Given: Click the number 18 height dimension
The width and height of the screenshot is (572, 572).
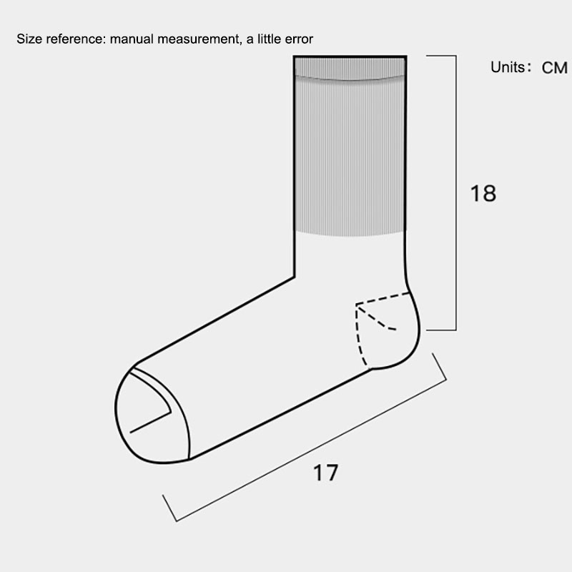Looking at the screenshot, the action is (x=483, y=193).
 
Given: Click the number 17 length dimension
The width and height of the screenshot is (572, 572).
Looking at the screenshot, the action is (x=325, y=473).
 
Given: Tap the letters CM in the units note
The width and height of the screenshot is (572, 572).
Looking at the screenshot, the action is (x=555, y=68).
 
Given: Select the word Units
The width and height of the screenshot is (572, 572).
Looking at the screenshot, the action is (x=508, y=67).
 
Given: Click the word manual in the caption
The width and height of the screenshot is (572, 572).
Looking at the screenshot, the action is (x=132, y=39).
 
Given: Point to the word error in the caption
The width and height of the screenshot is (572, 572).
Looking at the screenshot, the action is (x=299, y=39).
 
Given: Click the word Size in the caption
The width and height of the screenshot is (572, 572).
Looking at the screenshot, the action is (x=29, y=39).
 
